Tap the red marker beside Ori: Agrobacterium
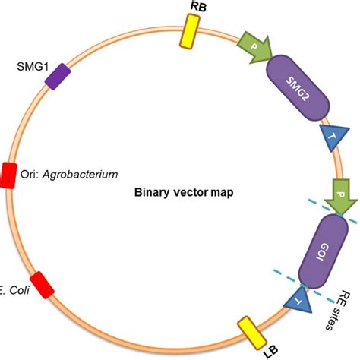(9, 173)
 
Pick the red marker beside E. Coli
(43, 283)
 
